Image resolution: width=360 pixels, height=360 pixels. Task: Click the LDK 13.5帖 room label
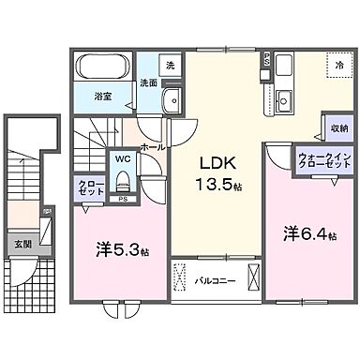(x=218, y=171)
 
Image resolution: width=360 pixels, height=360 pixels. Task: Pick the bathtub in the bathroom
(x=102, y=67)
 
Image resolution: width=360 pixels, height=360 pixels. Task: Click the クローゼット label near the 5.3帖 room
(x=89, y=186)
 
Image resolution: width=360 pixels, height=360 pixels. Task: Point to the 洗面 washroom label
(x=149, y=83)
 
